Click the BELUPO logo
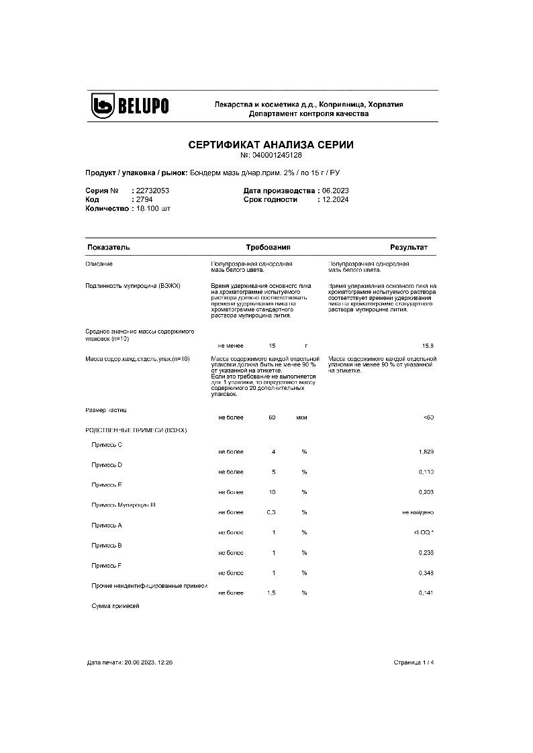pyautogui.click(x=130, y=106)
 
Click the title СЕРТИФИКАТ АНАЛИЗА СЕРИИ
pyautogui.click(x=271, y=144)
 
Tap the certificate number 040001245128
pyautogui.click(x=277, y=155)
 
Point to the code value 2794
pyautogui.click(x=144, y=199)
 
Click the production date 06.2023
pyautogui.click(x=336, y=191)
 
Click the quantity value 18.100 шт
pyautogui.click(x=154, y=209)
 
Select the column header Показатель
pyautogui.click(x=108, y=248)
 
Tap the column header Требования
pyautogui.click(x=268, y=248)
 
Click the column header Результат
pyautogui.click(x=409, y=248)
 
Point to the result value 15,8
pyautogui.click(x=428, y=346)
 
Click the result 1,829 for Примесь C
pyautogui.click(x=426, y=452)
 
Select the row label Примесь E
pyautogui.click(x=107, y=485)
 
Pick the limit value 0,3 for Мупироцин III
pyautogui.click(x=273, y=513)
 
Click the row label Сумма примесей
pyautogui.click(x=115, y=606)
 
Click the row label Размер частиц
pyautogui.click(x=106, y=409)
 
